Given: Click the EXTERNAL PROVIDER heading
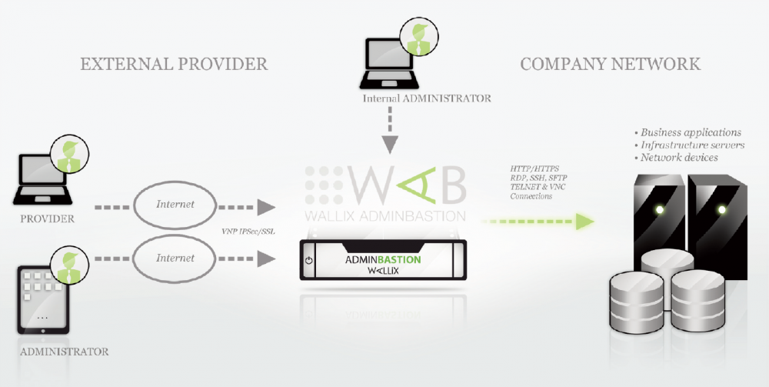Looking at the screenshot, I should click(174, 63).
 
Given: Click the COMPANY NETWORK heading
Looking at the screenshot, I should click(610, 63).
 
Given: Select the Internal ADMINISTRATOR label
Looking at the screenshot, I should click(427, 98).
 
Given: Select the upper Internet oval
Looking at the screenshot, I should click(175, 205).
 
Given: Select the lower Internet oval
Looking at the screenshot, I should click(175, 259).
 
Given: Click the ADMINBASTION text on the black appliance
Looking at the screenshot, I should click(383, 259).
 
